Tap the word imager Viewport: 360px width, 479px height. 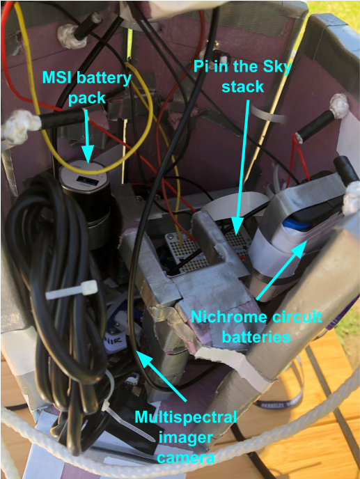(x=185, y=438)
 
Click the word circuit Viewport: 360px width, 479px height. (x=297, y=317)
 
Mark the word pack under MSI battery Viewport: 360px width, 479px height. (x=87, y=97)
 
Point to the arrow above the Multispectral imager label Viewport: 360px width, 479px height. (x=164, y=379)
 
